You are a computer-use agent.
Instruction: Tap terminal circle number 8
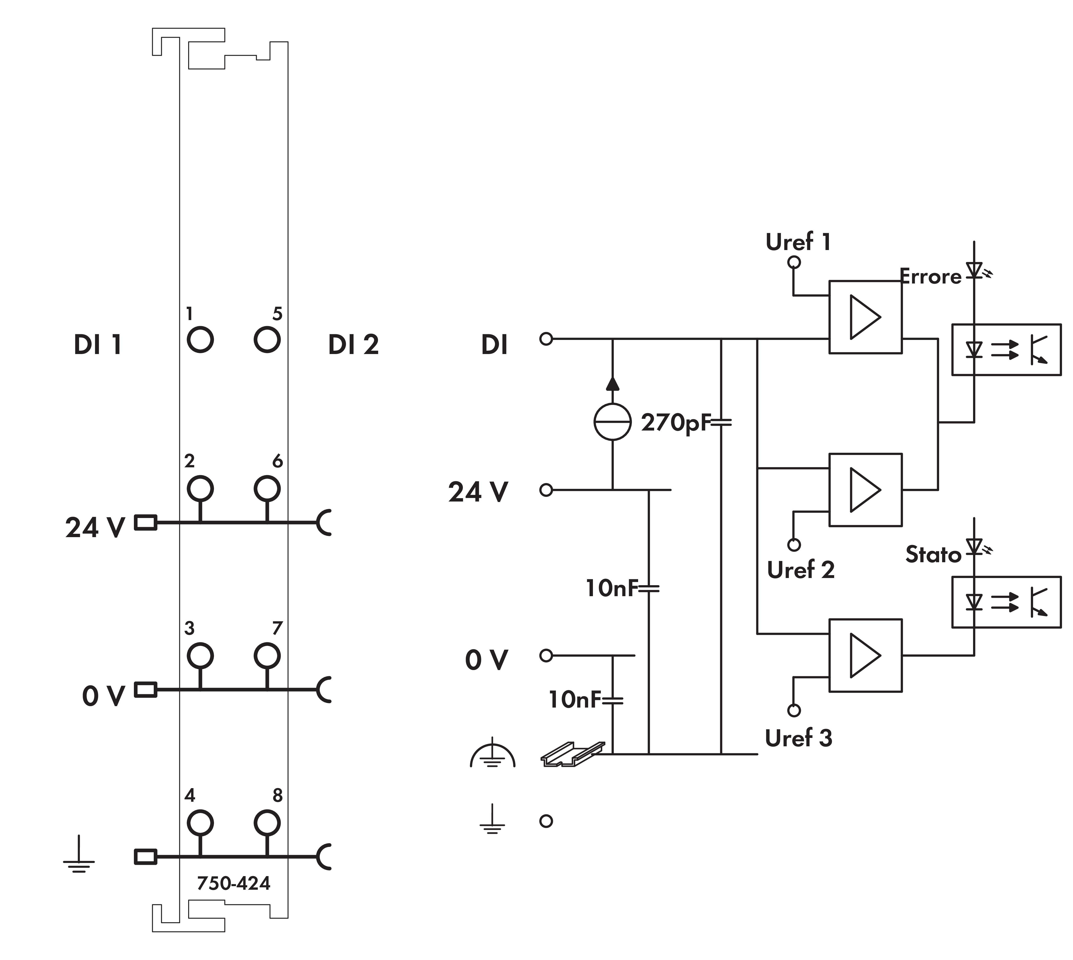(267, 822)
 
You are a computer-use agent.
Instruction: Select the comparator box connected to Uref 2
(865, 490)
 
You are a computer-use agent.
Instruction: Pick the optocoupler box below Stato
(1006, 602)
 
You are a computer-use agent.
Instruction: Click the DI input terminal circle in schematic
(546, 339)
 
